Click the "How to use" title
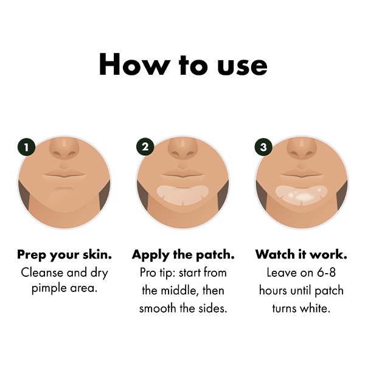183,64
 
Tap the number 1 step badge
26,147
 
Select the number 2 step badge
145,147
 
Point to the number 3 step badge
263,147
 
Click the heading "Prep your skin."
64,255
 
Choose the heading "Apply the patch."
183,255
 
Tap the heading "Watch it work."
301,254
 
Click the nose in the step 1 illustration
64,148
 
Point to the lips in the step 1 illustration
64,175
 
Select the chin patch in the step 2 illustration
183,195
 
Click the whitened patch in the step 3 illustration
302,195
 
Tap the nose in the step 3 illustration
302,148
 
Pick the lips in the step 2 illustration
183,175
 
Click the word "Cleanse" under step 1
42,273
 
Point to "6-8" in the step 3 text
327,273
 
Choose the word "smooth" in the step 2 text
158,308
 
